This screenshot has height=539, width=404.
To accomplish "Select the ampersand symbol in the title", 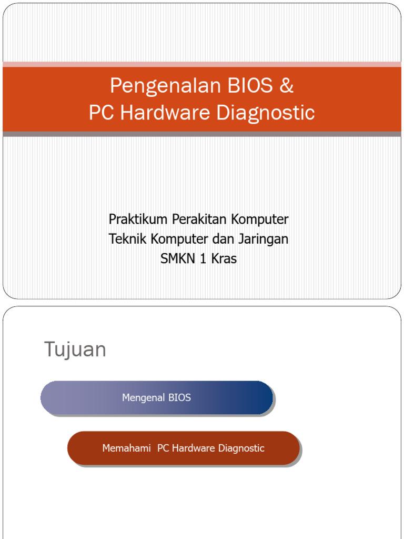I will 286,86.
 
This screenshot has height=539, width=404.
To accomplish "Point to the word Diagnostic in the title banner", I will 267,113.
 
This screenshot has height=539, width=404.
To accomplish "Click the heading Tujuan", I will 75,350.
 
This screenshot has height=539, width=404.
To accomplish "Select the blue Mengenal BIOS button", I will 157,398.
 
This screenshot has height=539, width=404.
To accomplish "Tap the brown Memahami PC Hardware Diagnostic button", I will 184,448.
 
